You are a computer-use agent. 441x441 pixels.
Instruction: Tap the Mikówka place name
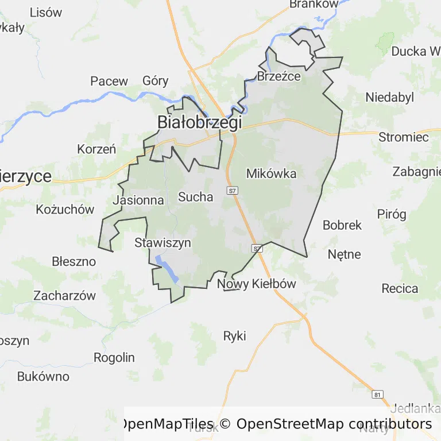click(x=271, y=173)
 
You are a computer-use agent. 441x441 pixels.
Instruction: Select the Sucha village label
click(x=195, y=197)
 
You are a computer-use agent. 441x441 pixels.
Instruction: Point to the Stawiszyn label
click(x=163, y=243)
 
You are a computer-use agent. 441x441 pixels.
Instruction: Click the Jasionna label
click(x=138, y=200)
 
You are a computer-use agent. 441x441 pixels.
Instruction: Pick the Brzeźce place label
click(x=279, y=76)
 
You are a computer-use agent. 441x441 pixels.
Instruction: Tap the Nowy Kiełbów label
click(x=257, y=284)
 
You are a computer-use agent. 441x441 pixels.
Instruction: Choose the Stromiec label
click(x=404, y=137)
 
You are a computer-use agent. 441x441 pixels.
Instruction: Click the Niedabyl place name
click(x=390, y=98)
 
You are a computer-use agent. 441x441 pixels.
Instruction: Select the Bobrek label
click(x=342, y=225)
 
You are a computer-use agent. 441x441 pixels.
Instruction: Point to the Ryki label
click(x=234, y=336)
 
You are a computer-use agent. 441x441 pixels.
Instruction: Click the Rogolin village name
click(x=114, y=358)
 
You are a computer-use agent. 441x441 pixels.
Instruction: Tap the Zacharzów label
click(x=64, y=296)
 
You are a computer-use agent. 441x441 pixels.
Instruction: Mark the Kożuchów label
click(x=65, y=210)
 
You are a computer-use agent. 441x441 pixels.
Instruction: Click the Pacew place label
click(x=109, y=81)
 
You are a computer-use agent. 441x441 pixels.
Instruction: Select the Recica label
click(x=400, y=288)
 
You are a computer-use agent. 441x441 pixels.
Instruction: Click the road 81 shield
click(x=377, y=394)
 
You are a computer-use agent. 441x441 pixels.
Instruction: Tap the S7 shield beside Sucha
click(x=232, y=191)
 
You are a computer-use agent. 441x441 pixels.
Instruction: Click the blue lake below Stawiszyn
click(x=167, y=269)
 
